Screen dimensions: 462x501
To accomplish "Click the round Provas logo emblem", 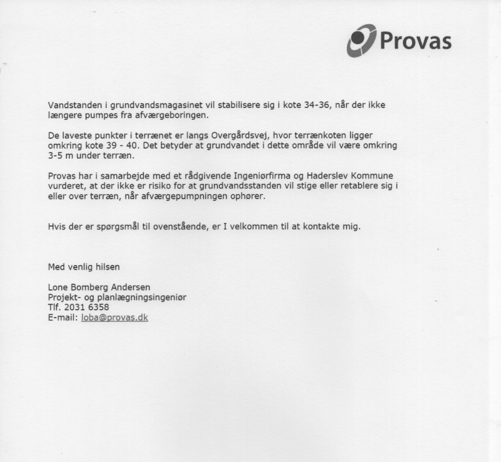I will tap(361, 41).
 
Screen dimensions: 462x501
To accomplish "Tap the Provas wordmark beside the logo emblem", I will tap(415, 41).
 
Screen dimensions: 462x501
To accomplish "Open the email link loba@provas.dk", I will tap(114, 317).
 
